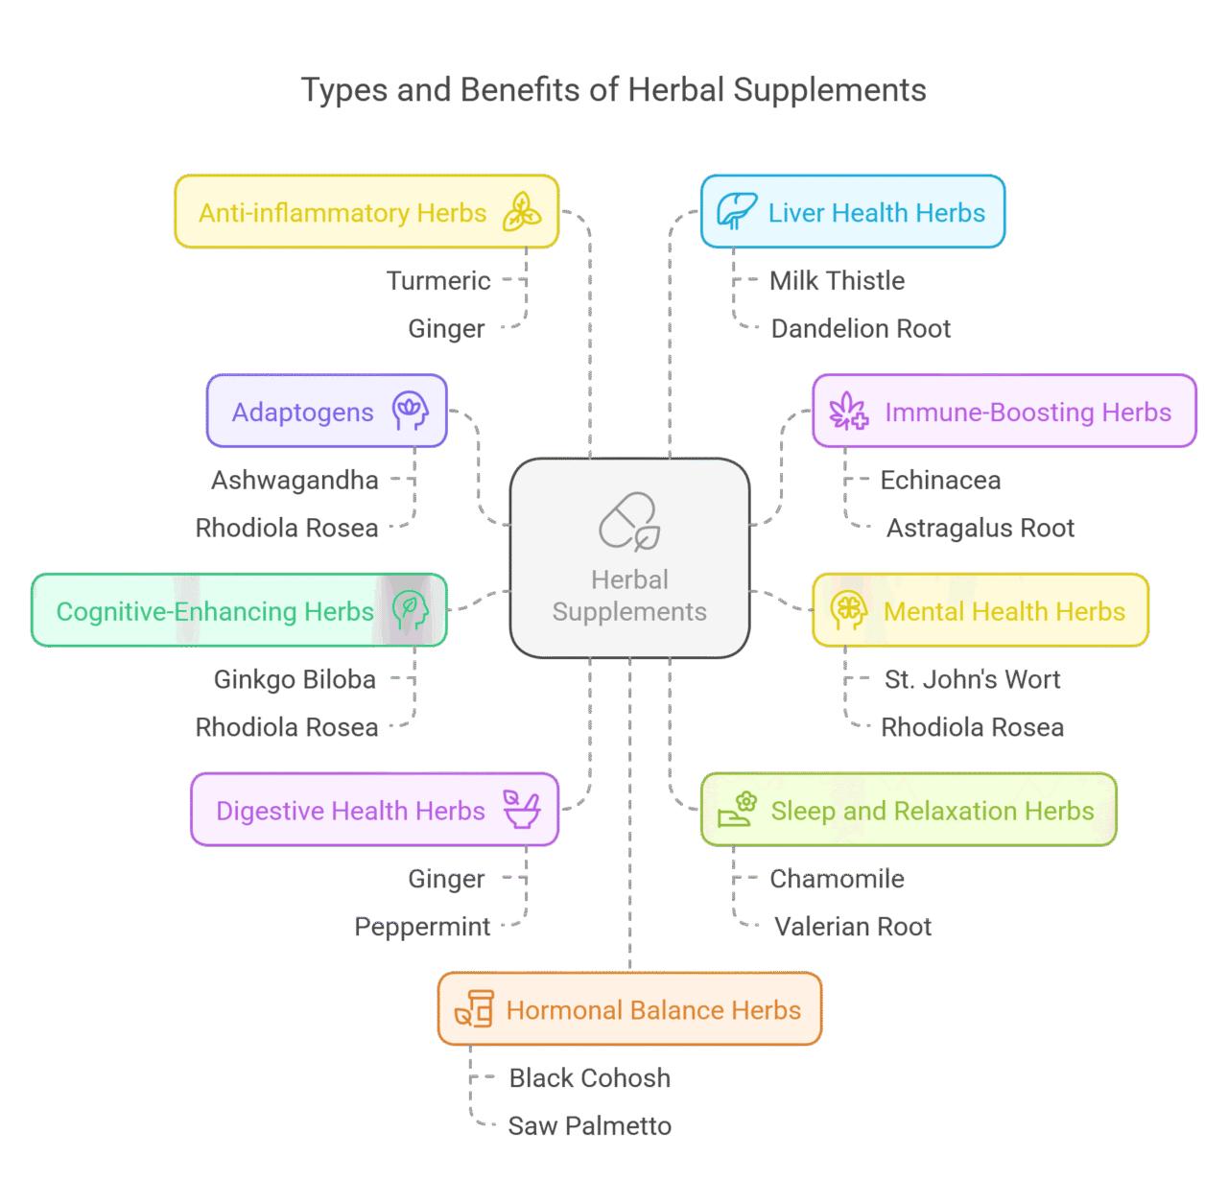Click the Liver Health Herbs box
click(853, 212)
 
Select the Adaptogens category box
click(327, 412)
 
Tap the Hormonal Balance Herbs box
click(629, 1009)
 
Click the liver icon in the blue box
click(736, 211)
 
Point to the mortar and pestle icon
click(522, 810)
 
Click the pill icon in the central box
click(629, 521)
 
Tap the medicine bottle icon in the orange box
click(475, 1009)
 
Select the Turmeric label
click(438, 281)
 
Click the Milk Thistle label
click(838, 281)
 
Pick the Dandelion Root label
click(861, 329)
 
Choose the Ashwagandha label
click(295, 481)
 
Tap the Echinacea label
click(940, 481)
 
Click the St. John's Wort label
click(973, 679)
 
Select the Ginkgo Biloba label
click(295, 680)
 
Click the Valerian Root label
click(853, 927)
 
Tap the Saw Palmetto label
click(590, 1126)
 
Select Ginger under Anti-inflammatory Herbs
click(447, 329)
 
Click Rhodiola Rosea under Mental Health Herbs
click(973, 727)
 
